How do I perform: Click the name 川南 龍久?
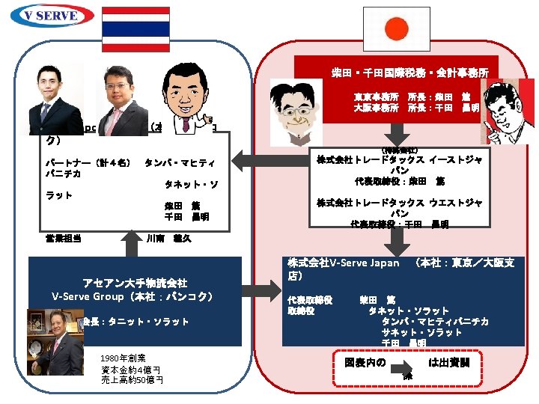pyautogui.click(x=168, y=239)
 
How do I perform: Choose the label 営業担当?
pyautogui.click(x=63, y=239)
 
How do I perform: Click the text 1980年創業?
pyautogui.click(x=123, y=358)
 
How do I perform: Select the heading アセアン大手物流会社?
pyautogui.click(x=134, y=283)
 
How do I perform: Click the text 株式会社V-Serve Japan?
pyautogui.click(x=344, y=263)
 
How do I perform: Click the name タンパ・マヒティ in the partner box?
pyautogui.click(x=179, y=163)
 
